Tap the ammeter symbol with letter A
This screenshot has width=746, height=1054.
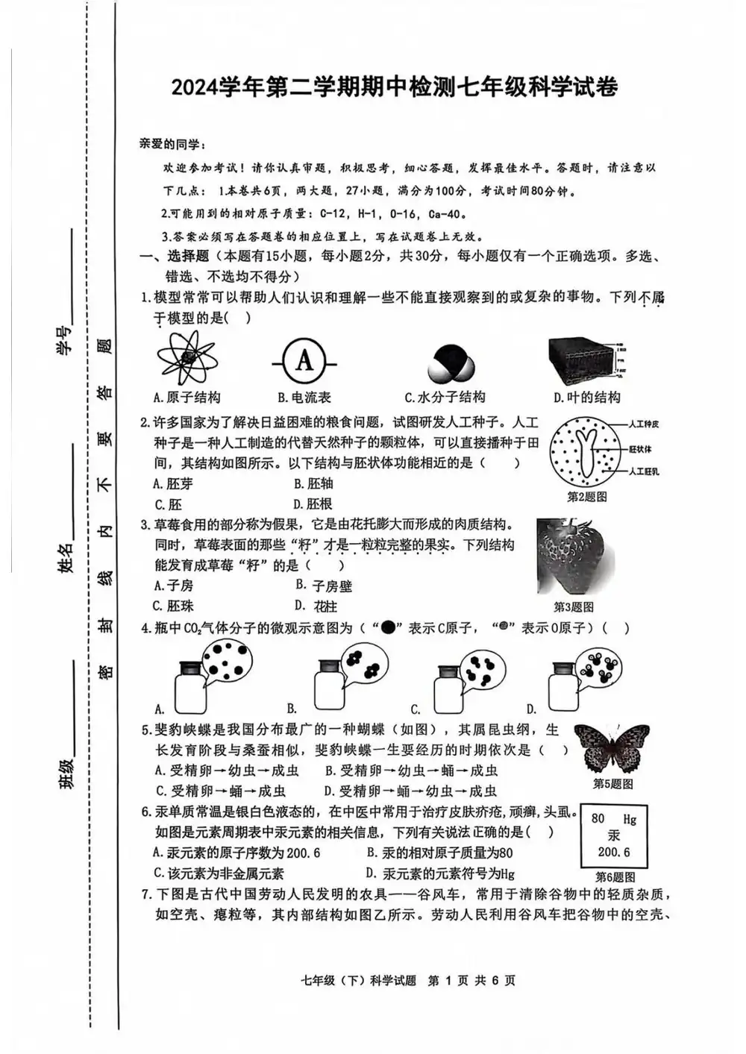click(304, 361)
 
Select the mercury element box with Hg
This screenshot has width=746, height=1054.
click(614, 835)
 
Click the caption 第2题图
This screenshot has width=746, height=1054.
click(586, 497)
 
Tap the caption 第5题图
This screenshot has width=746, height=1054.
click(612, 784)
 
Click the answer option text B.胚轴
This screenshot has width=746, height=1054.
click(313, 483)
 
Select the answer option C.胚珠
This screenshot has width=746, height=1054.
click(173, 606)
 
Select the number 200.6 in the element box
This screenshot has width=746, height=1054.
click(613, 852)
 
